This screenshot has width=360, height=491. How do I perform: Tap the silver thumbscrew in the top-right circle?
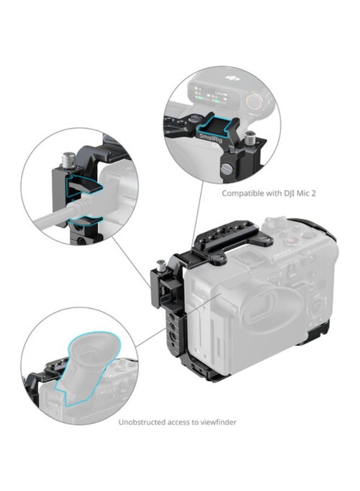pos(250,137)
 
